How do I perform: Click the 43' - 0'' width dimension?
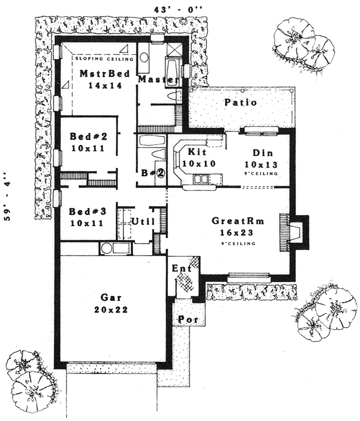click(178, 9)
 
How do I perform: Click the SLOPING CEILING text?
click(99, 59)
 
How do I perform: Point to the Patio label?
click(241, 102)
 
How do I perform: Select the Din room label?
click(262, 153)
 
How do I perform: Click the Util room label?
click(142, 222)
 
